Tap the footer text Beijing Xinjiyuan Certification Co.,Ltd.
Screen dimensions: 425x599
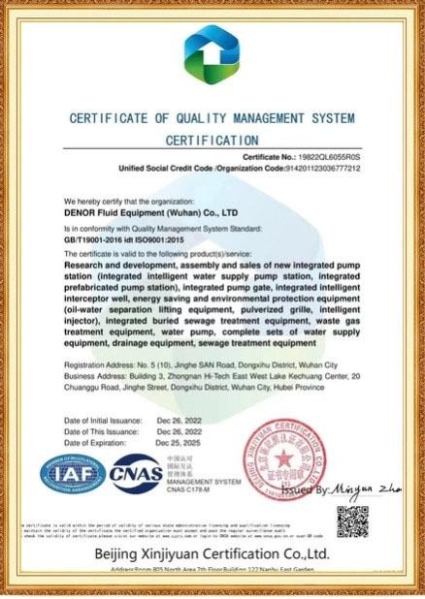coord(212,554)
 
